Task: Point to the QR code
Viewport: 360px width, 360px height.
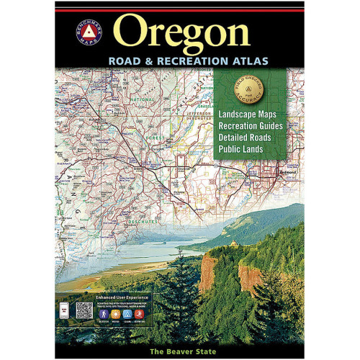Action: click(85, 310)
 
